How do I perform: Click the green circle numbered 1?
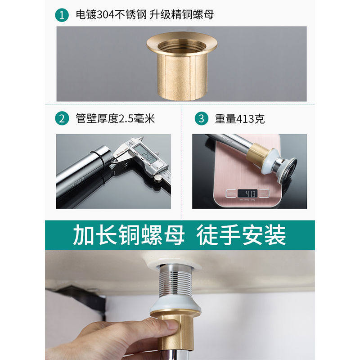pos(62,15)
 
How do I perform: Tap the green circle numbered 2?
pos(62,118)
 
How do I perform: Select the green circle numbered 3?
pos(201,118)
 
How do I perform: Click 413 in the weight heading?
pos(245,119)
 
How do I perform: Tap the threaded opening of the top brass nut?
pos(182,45)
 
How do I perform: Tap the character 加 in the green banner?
pos(84,235)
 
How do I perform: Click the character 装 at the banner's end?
pos(275,235)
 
